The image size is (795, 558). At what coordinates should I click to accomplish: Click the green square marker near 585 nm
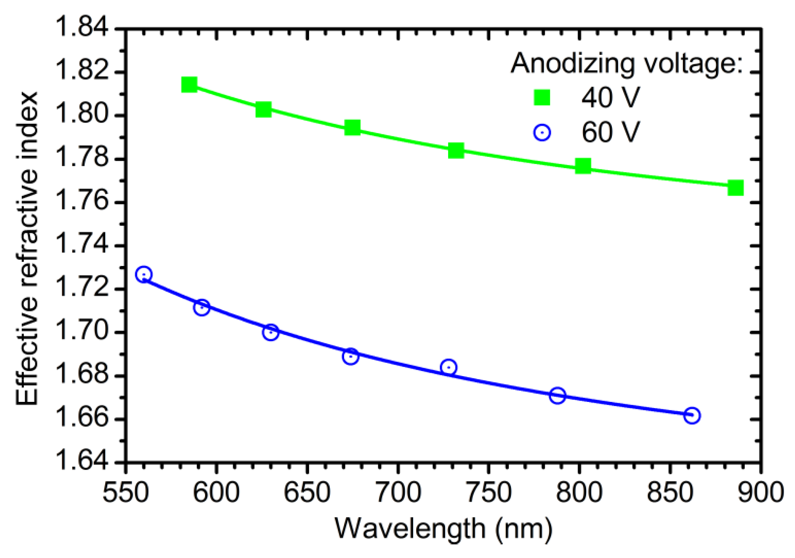(189, 84)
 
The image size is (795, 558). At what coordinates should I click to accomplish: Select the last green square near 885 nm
(735, 188)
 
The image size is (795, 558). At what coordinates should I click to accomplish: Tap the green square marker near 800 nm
(583, 166)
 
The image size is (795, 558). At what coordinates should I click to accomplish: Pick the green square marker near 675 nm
(352, 128)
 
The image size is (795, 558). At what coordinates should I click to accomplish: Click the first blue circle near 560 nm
(143, 274)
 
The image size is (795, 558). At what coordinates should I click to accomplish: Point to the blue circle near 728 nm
(449, 367)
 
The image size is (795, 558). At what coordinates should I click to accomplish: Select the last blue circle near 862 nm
(692, 415)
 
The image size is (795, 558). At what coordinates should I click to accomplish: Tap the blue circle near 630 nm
(270, 332)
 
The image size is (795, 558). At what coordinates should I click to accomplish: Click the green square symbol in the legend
(542, 97)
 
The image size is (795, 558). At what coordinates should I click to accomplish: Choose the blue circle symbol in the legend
(542, 133)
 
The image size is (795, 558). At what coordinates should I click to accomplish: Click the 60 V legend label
(611, 132)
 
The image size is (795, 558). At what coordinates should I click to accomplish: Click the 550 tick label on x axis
(125, 492)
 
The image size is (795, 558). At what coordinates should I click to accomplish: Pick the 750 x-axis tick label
(489, 492)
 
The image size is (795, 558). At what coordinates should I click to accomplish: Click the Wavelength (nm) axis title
(443, 529)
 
